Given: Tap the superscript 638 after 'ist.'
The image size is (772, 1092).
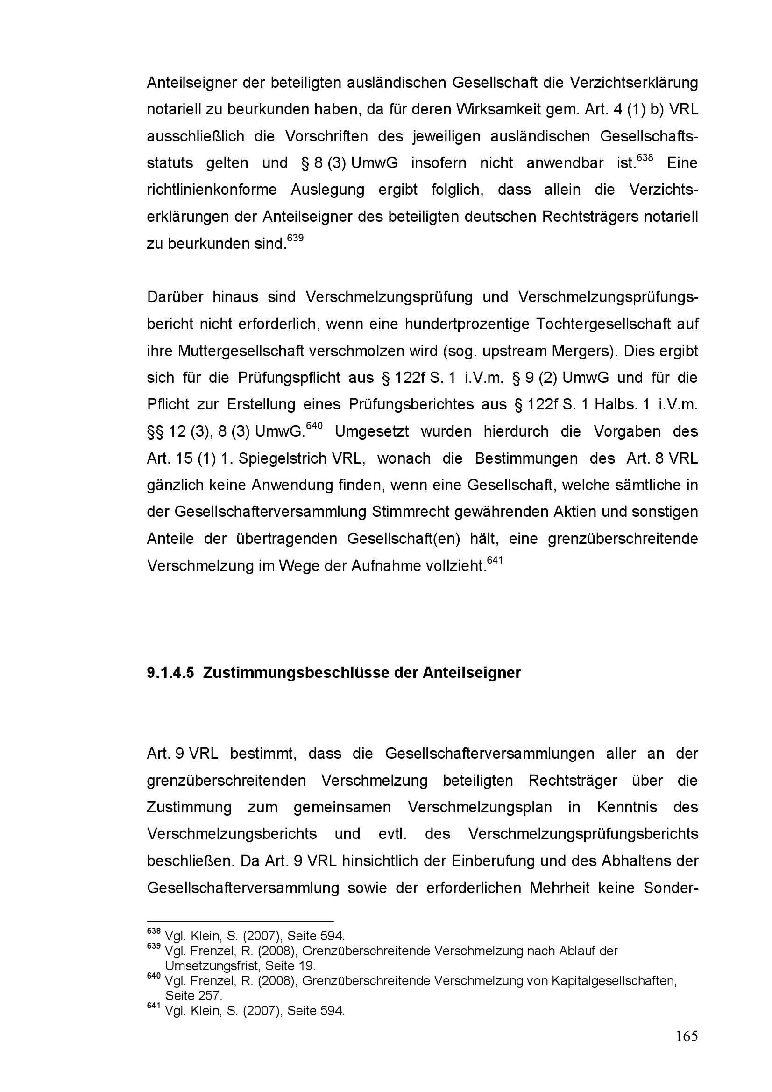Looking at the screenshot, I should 645,157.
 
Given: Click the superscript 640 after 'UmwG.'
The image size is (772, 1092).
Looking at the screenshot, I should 314,425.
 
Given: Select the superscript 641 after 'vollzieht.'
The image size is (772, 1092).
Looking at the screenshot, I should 495,560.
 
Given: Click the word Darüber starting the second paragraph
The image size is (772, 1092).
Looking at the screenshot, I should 175,297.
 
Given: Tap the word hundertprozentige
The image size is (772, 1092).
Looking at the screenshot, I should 468,324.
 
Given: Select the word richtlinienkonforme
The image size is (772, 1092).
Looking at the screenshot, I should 212,190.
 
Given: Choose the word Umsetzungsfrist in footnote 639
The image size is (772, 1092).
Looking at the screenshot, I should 212,966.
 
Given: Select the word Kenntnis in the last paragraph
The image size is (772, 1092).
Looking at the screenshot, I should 627,808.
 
